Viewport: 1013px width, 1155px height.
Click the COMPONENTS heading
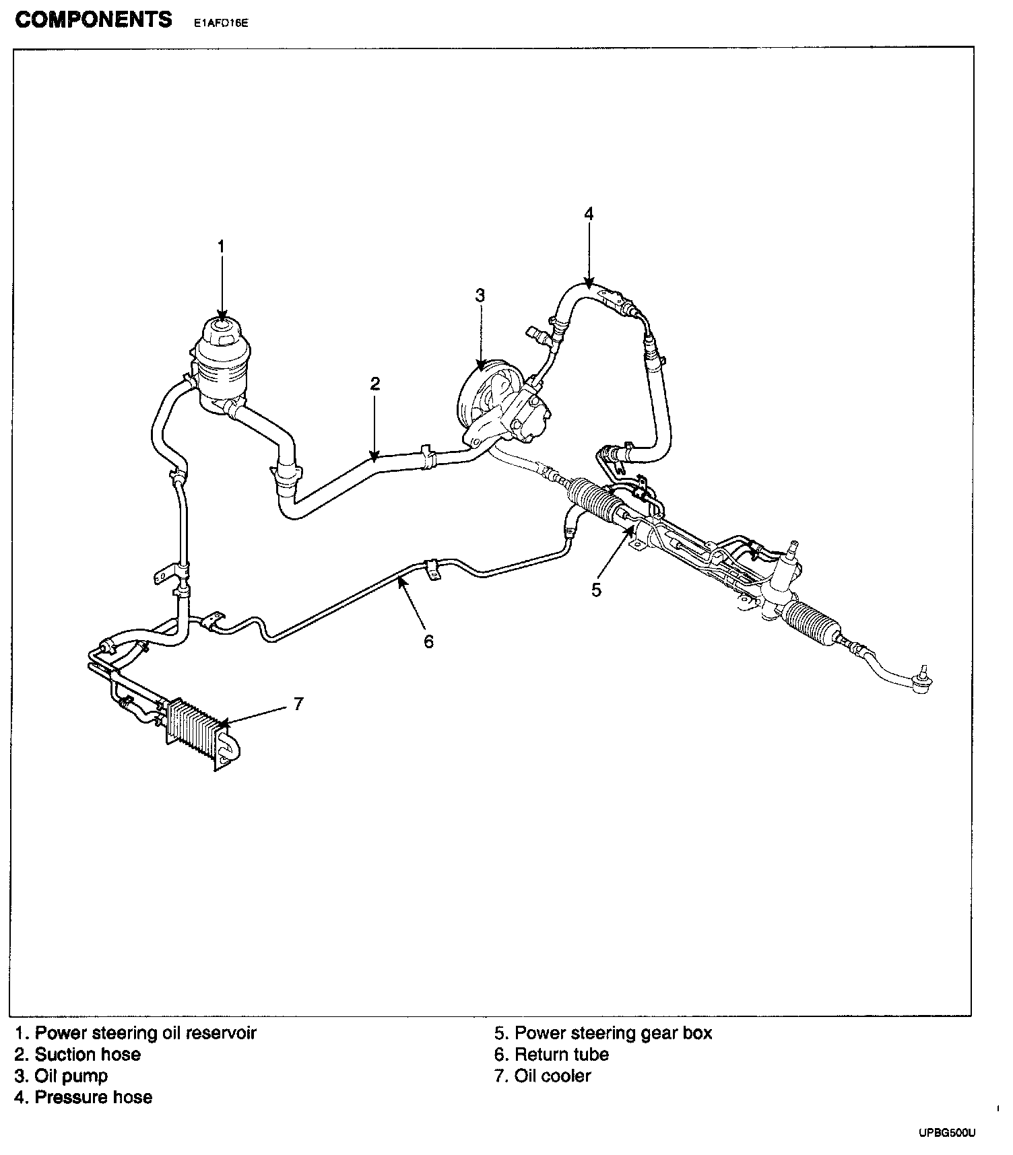94,20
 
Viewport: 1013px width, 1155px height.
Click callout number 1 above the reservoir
220,247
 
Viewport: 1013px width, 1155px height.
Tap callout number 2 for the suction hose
375,384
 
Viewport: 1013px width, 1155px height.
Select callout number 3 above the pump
480,295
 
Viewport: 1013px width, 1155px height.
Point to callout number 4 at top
589,214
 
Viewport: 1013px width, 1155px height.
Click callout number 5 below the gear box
596,590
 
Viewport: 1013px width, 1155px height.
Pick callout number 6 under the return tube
429,641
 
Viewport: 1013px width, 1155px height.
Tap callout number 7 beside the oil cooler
298,704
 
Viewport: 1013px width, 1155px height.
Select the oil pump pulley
480,394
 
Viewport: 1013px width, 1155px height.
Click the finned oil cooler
197,730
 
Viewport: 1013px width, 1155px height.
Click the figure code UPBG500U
946,1133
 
